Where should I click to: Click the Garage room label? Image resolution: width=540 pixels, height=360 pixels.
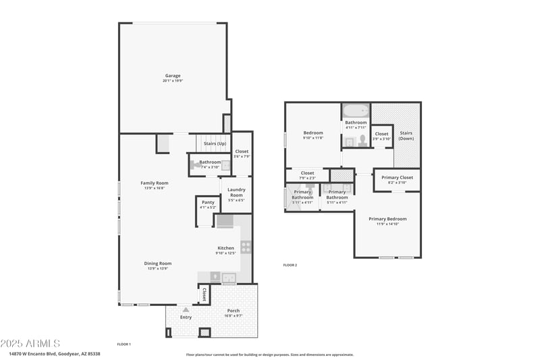172,76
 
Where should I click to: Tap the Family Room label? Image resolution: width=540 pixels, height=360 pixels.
155,183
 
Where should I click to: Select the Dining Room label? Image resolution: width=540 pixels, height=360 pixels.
157,263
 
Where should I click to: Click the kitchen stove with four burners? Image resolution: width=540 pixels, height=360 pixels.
246,247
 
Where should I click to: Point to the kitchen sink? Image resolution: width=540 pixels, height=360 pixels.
228,276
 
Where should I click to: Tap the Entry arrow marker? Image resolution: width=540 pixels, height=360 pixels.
186,309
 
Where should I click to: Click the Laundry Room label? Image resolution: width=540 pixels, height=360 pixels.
236,192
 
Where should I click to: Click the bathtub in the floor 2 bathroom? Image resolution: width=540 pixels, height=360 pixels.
355,110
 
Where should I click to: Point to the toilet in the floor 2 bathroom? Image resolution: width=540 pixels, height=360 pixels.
362,140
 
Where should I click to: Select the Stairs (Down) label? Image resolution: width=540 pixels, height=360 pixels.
406,135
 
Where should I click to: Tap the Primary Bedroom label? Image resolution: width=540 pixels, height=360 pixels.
387,219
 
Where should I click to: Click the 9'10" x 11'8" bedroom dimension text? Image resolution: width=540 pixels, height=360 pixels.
313,138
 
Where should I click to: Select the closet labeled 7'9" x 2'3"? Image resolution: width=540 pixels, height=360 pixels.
307,175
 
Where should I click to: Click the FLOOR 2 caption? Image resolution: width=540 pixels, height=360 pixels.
290,265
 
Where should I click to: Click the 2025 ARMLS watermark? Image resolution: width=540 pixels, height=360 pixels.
30,344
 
